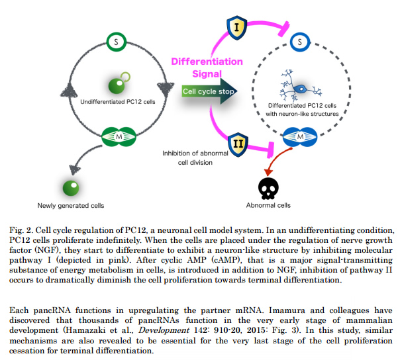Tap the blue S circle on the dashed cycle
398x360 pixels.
point(301,42)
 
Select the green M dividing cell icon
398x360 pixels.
point(115,137)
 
